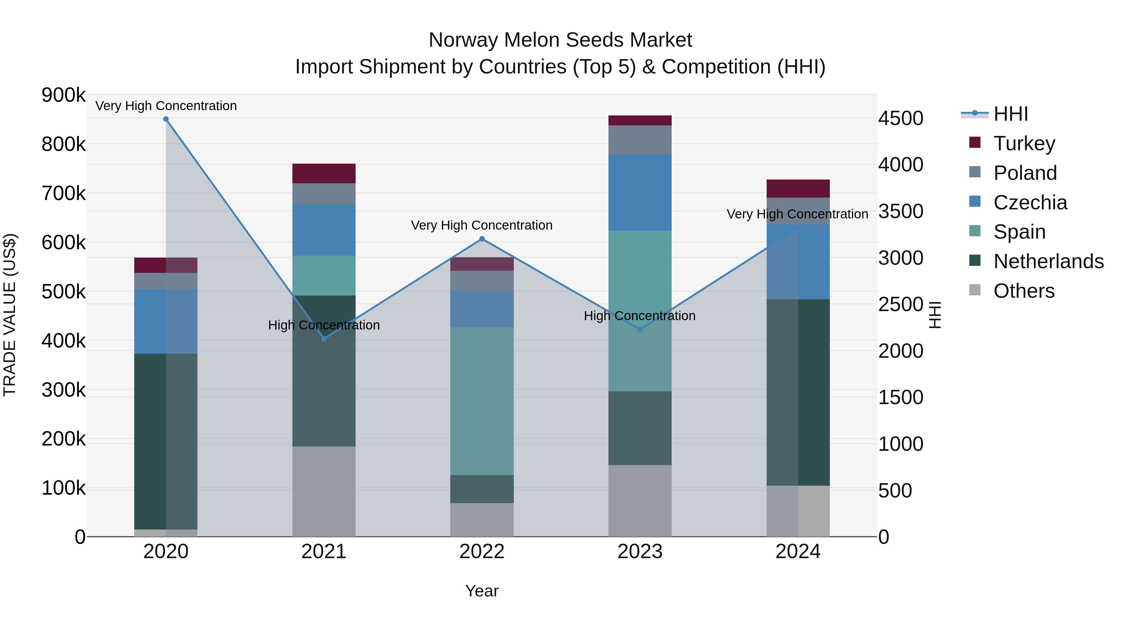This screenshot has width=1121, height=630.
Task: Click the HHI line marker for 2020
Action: (x=166, y=119)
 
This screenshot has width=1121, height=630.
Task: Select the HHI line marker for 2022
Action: (x=482, y=239)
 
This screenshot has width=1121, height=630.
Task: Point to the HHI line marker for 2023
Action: (x=640, y=329)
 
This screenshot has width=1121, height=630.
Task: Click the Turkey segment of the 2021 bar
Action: (x=324, y=174)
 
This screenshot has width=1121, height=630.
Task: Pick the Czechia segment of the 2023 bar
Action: (x=640, y=192)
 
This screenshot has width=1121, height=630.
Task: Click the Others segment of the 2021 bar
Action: (x=324, y=491)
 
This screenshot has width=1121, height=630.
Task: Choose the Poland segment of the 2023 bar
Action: (x=640, y=140)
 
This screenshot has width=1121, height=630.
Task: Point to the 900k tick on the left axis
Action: (x=64, y=95)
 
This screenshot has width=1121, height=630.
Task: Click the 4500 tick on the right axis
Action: (x=900, y=118)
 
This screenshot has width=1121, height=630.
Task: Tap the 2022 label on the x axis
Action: (x=482, y=552)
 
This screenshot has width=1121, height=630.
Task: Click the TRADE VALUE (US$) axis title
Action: (x=10, y=315)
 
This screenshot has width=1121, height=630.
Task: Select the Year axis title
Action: (x=482, y=591)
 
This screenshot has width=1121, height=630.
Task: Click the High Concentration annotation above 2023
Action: (x=639, y=316)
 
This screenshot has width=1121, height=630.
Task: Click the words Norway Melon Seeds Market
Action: (x=560, y=40)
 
